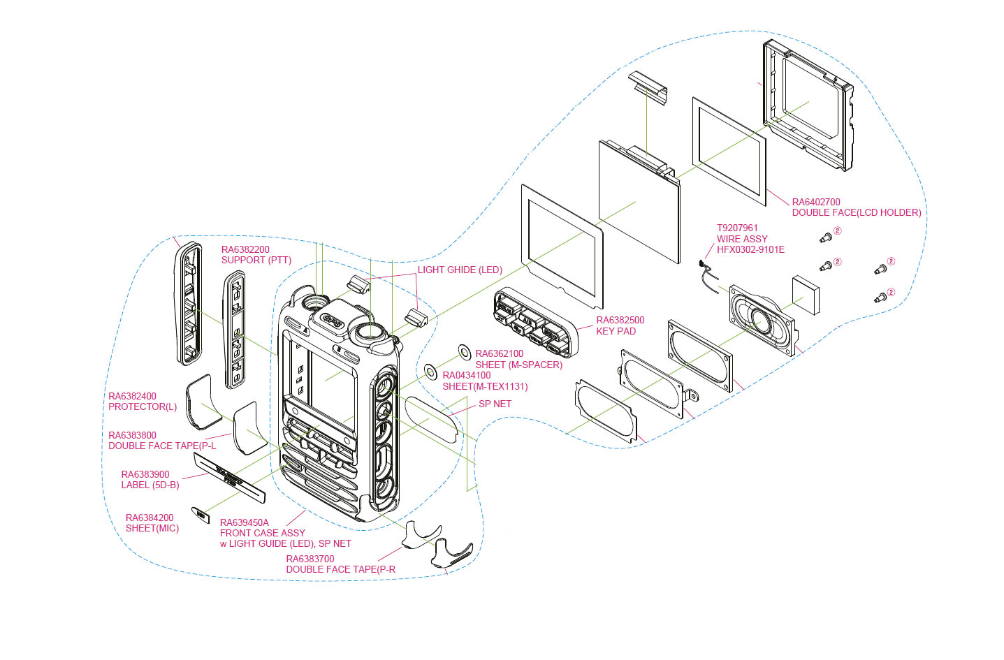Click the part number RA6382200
click(245, 249)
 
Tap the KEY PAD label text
click(616, 331)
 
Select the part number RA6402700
click(816, 202)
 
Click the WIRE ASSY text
click(742, 239)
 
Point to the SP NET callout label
click(495, 404)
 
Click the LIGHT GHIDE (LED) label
click(460, 270)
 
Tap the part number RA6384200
click(150, 518)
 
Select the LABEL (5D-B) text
click(150, 485)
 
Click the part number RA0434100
click(467, 376)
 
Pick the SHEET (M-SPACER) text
click(519, 365)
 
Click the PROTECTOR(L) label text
click(143, 407)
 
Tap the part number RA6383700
click(310, 559)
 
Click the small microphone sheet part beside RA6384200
click(201, 515)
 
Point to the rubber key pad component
click(535, 322)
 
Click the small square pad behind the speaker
click(806, 295)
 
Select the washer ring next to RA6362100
click(465, 352)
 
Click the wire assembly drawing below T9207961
click(708, 276)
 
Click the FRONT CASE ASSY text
click(262, 533)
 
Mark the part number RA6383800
click(132, 435)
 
